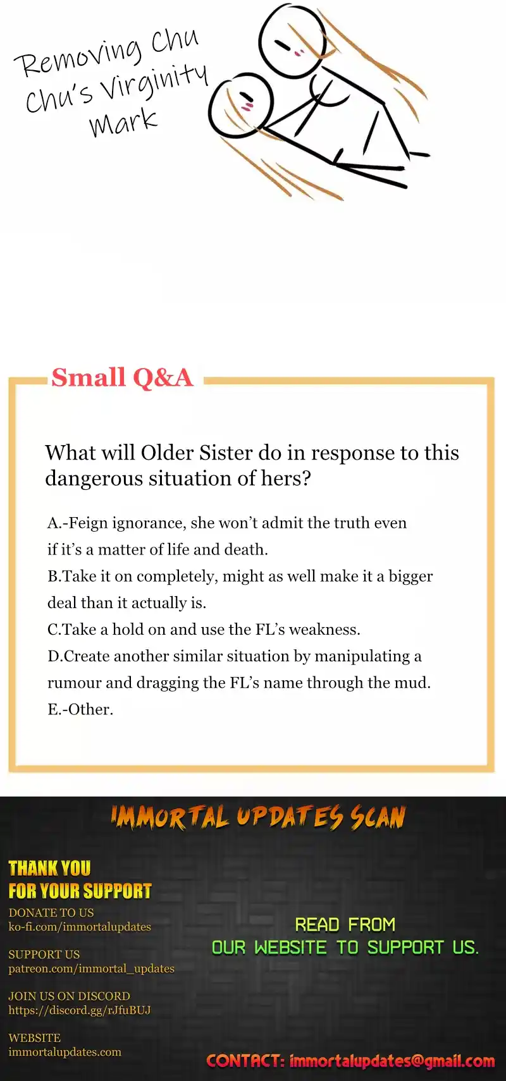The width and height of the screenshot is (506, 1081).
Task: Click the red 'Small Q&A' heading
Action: pyautogui.click(x=122, y=377)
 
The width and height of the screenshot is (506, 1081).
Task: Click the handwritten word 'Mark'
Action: pyautogui.click(x=123, y=121)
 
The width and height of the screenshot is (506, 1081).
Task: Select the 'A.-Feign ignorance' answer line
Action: pyautogui.click(x=227, y=523)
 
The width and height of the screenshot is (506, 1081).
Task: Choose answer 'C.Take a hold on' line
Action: pyautogui.click(x=204, y=629)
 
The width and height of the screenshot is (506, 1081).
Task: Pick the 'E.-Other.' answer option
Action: pyautogui.click(x=80, y=709)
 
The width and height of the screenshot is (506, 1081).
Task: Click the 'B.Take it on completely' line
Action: pyautogui.click(x=240, y=576)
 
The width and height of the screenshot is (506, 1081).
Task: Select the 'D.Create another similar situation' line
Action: pyautogui.click(x=235, y=656)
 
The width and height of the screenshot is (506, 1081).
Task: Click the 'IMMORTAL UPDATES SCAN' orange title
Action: pyautogui.click(x=258, y=817)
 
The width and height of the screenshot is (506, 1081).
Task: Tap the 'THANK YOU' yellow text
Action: pyautogui.click(x=49, y=868)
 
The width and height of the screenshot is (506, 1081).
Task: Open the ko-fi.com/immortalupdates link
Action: pyautogui.click(x=80, y=927)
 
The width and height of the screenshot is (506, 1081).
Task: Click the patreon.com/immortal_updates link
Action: pyautogui.click(x=91, y=968)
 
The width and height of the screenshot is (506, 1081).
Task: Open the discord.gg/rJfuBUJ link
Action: pyautogui.click(x=80, y=1010)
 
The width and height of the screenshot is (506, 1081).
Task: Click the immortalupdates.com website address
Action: pyautogui.click(x=65, y=1052)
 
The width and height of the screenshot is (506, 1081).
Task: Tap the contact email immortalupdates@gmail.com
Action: pyautogui.click(x=392, y=1061)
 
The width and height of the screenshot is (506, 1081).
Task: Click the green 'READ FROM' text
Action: pyautogui.click(x=345, y=925)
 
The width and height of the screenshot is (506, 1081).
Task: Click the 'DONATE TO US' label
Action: pyautogui.click(x=51, y=913)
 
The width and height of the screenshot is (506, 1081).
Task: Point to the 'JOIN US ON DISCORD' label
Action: pyautogui.click(x=69, y=996)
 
